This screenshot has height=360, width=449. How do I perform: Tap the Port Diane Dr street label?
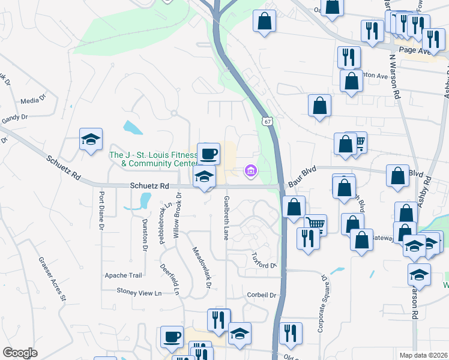click(101, 211)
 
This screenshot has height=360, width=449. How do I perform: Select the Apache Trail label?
click(124, 275)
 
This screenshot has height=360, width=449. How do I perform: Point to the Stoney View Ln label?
click(139, 293)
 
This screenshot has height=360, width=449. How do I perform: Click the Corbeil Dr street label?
click(261, 295)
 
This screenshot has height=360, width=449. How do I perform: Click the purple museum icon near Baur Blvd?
click(251, 172)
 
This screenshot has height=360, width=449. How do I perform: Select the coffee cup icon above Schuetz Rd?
click(208, 154)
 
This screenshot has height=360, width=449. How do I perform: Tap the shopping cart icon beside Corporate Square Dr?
click(315, 225)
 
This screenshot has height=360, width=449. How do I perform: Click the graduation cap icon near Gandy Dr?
click(91, 140)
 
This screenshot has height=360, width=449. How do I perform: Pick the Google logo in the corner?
click(20, 353)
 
